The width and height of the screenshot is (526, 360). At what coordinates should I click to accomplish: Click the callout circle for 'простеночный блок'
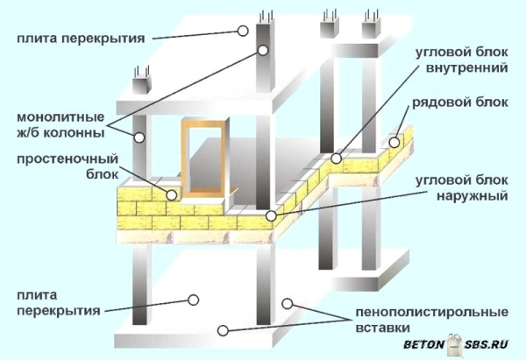(x=172, y=194)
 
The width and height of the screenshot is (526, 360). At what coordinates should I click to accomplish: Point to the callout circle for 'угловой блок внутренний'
(x=337, y=159)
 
